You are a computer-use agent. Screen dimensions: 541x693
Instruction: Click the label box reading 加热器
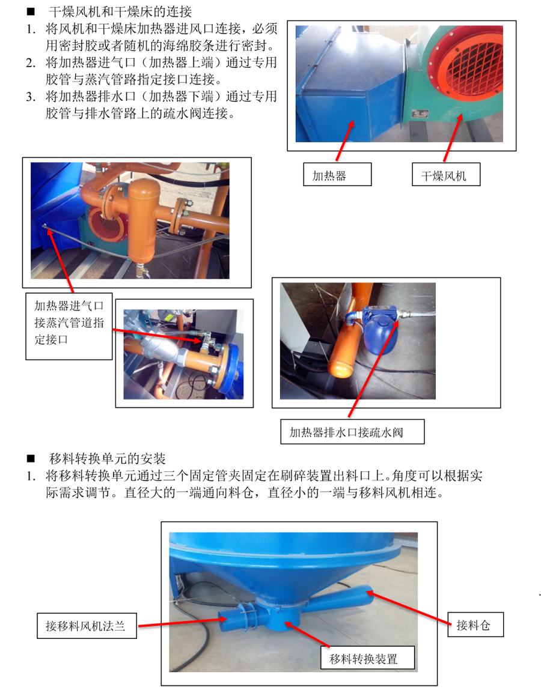337,174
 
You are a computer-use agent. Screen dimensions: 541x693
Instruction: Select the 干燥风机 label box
446,174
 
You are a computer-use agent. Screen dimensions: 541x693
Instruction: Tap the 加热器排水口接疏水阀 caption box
352,432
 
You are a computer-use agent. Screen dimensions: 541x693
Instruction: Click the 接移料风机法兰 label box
87,625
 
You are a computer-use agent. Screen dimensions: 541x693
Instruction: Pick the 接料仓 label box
475,624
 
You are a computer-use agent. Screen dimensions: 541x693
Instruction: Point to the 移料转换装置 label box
368,658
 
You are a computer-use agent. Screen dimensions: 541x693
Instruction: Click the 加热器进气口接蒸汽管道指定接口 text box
69,326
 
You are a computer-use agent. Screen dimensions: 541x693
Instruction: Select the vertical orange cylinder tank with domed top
143,221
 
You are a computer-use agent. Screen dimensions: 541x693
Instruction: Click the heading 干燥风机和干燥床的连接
120,12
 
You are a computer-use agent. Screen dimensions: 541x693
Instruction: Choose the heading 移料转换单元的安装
107,458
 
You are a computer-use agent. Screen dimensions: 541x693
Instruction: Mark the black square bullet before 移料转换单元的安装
31,458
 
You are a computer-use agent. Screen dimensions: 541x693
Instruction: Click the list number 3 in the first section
31,96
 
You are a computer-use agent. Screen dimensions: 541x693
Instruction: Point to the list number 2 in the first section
31,63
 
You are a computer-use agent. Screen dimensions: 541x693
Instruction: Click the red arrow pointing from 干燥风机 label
453,138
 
